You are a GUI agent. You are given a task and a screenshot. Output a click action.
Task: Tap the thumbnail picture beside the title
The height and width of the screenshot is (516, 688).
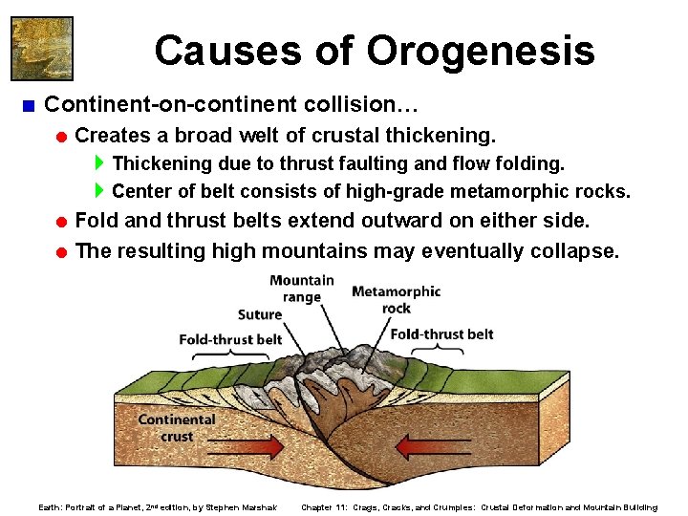point(41,47)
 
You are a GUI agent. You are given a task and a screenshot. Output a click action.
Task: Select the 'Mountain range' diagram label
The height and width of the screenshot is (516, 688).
point(301,289)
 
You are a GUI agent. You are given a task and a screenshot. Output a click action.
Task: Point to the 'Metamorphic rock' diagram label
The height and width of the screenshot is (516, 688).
point(396,299)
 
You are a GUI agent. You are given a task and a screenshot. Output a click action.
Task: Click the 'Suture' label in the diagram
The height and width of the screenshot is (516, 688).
point(259,313)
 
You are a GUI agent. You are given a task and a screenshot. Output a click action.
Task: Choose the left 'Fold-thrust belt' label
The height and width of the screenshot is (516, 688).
point(230,338)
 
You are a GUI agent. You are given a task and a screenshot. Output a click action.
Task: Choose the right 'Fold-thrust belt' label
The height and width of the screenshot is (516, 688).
point(441,333)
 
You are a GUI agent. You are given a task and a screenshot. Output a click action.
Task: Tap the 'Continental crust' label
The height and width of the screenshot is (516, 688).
point(176,427)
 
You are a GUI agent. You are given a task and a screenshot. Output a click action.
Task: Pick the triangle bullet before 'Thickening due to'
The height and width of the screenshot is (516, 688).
point(101,163)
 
